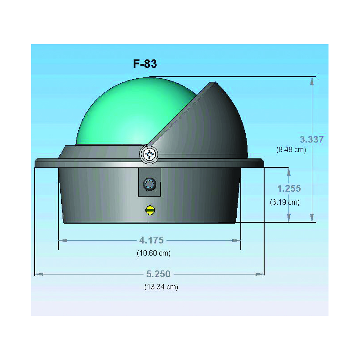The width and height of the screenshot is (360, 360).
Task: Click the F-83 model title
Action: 145,64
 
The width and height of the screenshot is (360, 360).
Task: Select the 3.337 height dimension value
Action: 311,139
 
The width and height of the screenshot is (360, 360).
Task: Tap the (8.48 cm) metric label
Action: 291,150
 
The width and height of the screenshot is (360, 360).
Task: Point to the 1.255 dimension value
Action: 289,189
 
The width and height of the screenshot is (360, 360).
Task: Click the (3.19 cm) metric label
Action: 285,202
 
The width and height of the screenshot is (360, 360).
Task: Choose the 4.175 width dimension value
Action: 152,240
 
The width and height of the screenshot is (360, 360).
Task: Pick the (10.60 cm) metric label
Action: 153,253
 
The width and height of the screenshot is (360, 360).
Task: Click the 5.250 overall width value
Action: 158,274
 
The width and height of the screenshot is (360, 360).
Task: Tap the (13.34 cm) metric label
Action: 161,287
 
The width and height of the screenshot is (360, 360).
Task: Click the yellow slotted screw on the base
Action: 150,210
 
